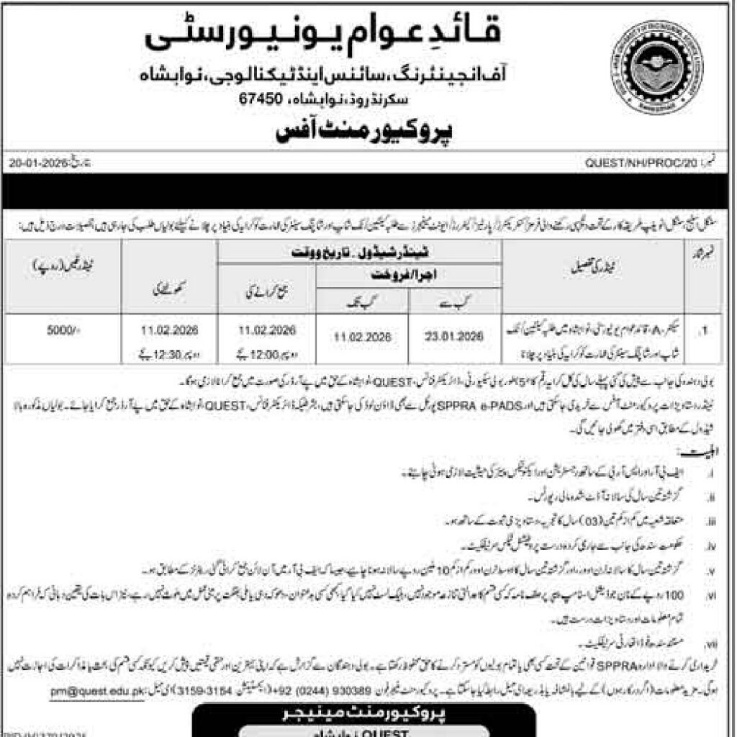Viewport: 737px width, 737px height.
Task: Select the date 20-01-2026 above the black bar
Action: point(38,163)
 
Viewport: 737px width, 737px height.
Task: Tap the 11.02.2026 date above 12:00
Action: point(268,330)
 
